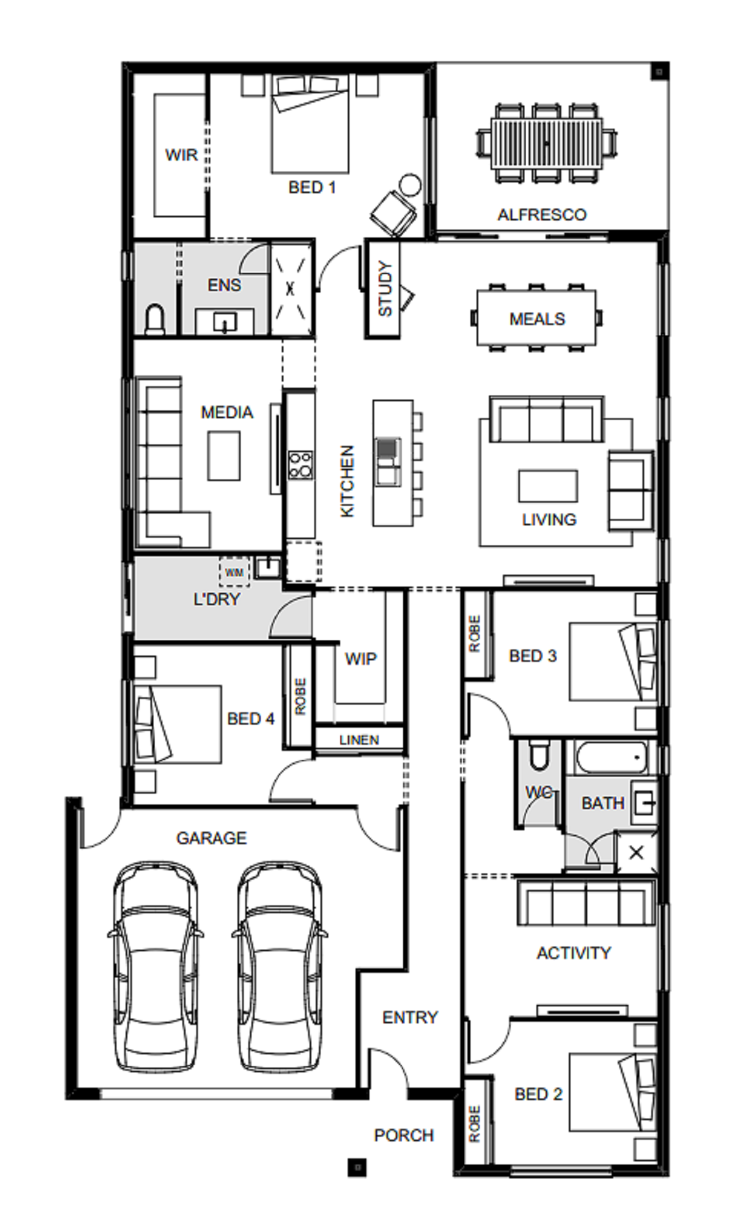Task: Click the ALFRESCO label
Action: [x=542, y=214]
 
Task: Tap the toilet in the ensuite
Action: [x=155, y=319]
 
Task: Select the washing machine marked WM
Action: [x=234, y=572]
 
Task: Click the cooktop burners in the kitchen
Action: [x=300, y=465]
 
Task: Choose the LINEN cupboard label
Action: [x=359, y=740]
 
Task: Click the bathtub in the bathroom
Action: [x=611, y=757]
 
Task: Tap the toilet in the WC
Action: [x=538, y=756]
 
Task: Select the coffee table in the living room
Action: [x=548, y=486]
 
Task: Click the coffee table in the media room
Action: [x=224, y=456]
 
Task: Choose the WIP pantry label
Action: [x=361, y=659]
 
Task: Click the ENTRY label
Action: [x=410, y=1017]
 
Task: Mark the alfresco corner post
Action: [x=659, y=72]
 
